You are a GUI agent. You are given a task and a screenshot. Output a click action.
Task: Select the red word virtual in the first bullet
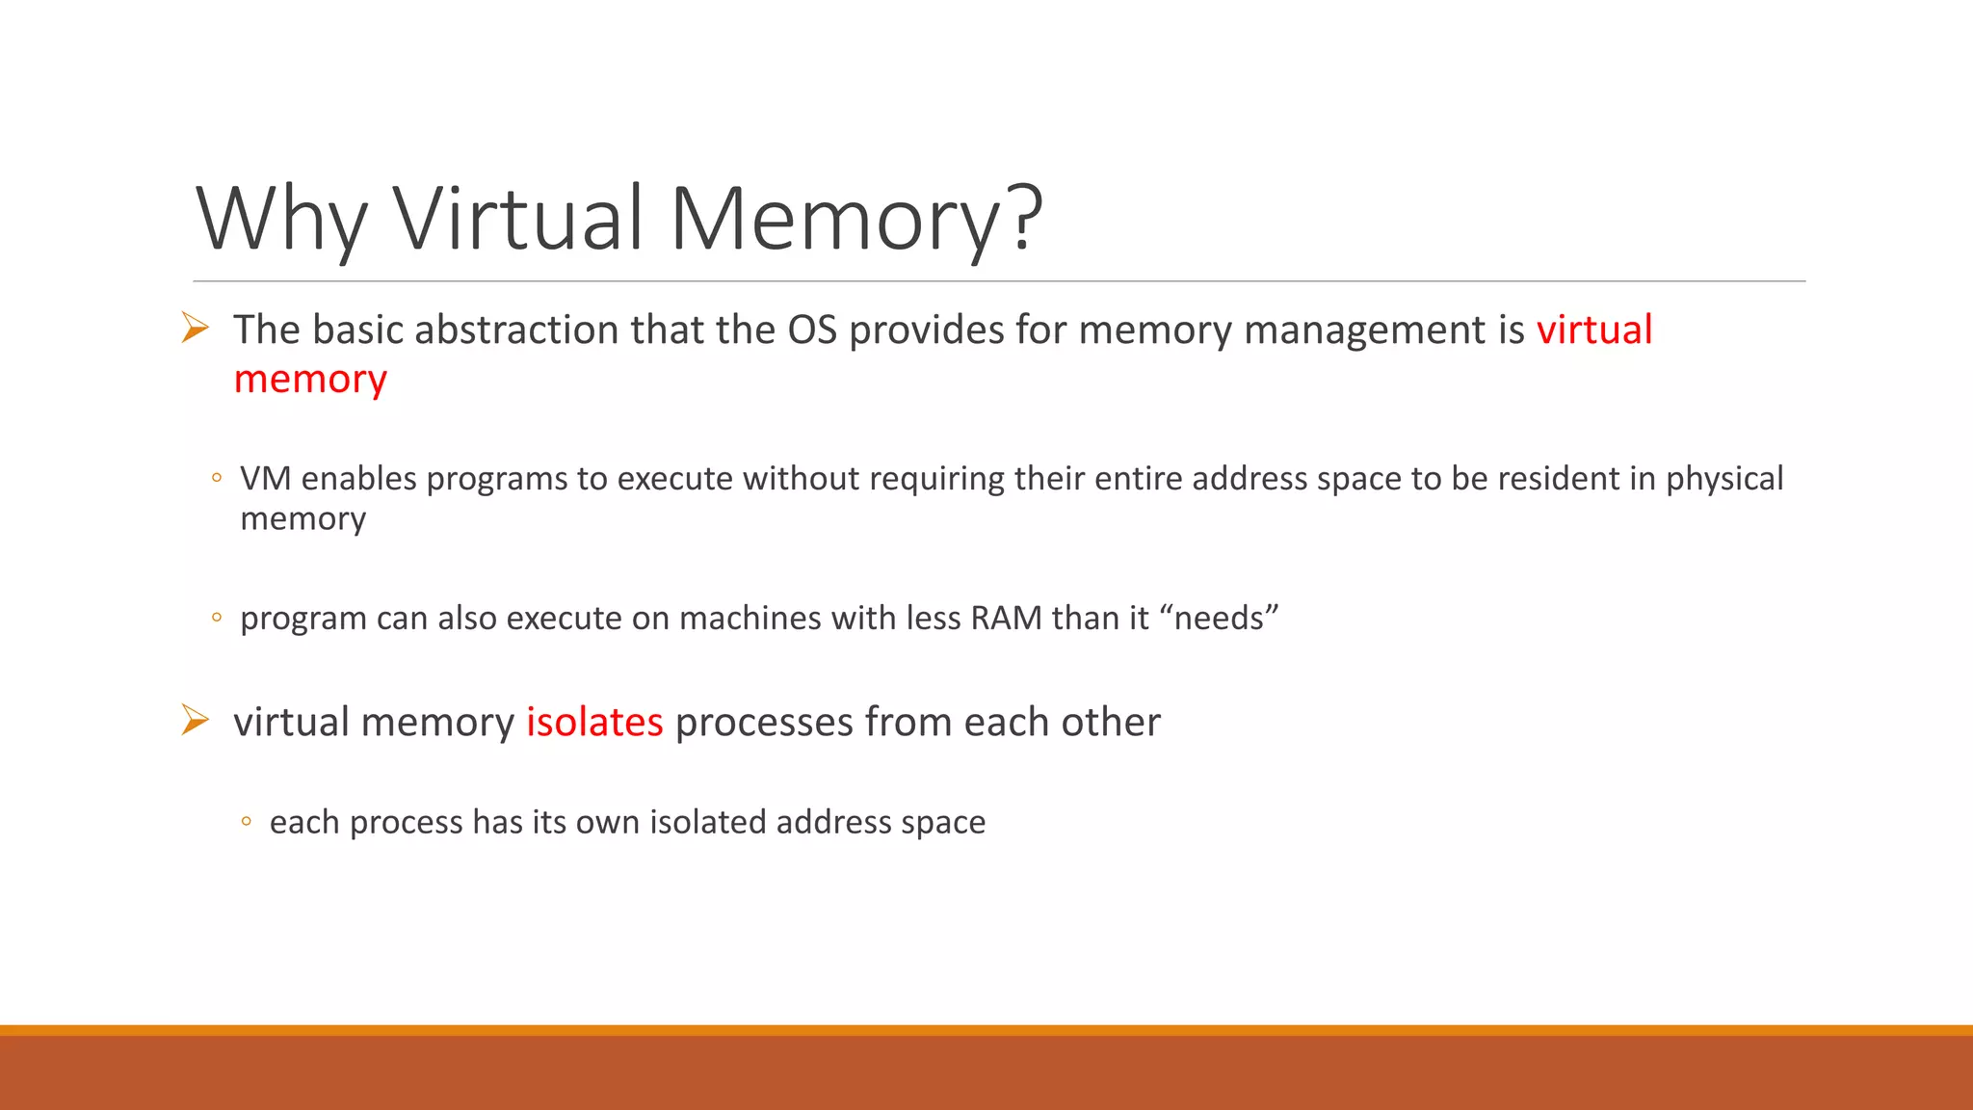coord(1593,330)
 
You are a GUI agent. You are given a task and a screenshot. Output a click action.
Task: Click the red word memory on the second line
coord(310,380)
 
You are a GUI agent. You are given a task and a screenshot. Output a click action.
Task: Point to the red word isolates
coord(594,722)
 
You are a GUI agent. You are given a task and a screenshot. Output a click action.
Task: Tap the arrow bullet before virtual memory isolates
coord(196,720)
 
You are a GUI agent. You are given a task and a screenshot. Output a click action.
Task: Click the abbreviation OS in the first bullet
coord(812,330)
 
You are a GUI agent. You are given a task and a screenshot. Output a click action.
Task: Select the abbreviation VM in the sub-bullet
coord(265,478)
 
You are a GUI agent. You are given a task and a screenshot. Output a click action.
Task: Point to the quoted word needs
coord(1222,618)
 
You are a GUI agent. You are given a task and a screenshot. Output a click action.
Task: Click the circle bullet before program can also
coord(217,618)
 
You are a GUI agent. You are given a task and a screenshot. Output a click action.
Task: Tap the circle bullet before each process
coord(247,822)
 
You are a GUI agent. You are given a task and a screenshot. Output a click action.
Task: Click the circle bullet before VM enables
coord(217,478)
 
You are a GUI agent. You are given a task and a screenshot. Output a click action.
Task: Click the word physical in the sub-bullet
coord(1724,479)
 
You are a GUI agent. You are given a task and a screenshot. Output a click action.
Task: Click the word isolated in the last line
coord(708,822)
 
